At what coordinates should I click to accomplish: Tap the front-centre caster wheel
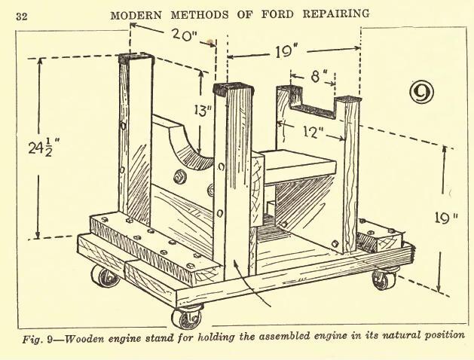186,318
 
